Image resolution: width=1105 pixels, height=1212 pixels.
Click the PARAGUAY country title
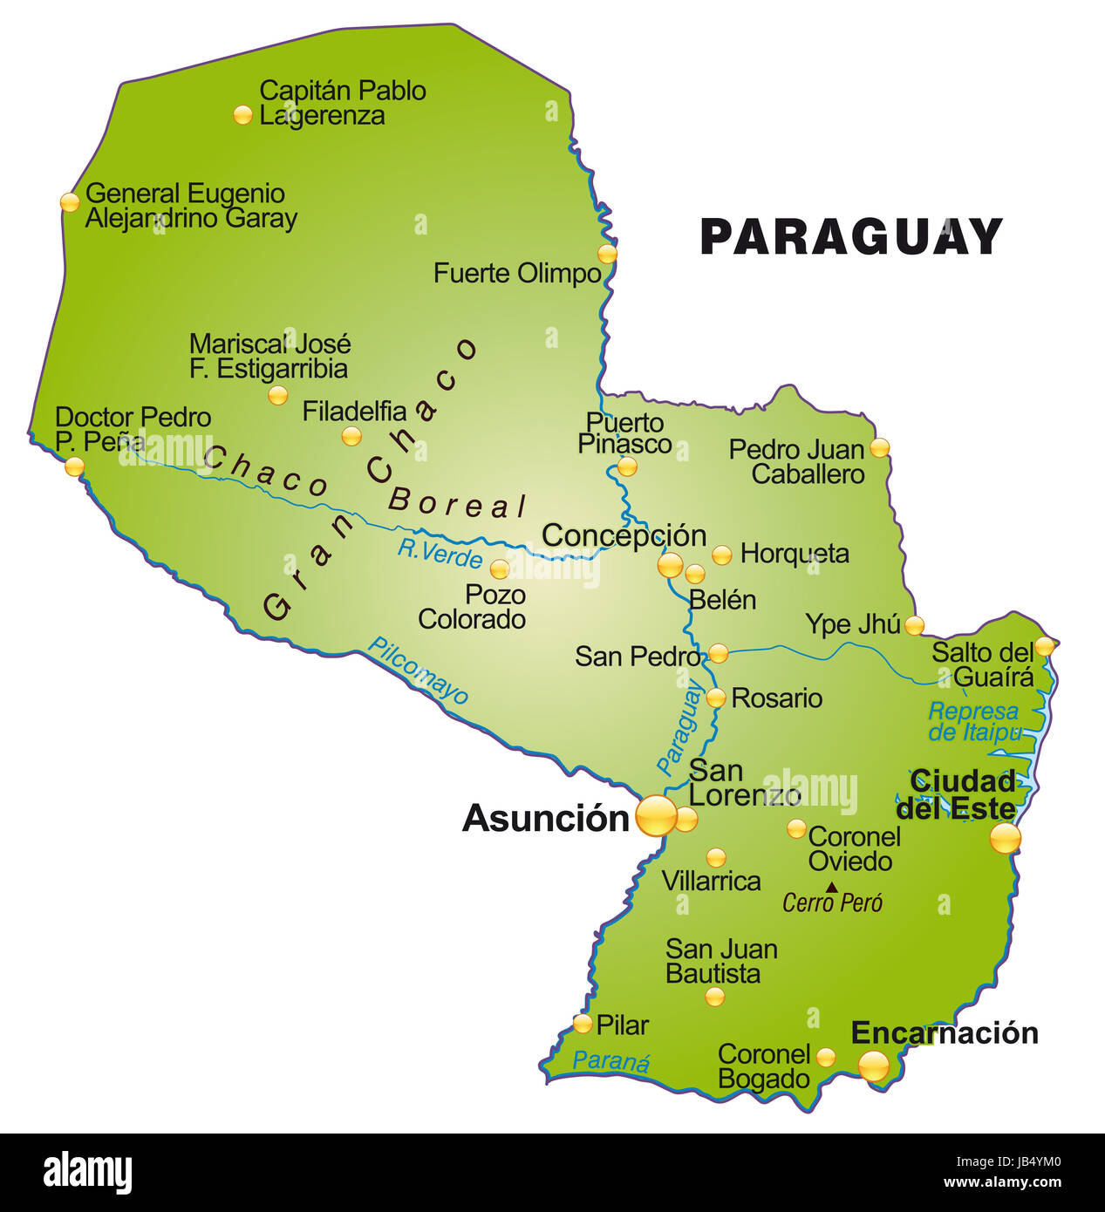pyautogui.click(x=851, y=236)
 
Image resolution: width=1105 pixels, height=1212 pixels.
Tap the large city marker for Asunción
pyautogui.click(x=656, y=816)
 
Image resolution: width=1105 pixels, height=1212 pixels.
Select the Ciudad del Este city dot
pyautogui.click(x=1005, y=839)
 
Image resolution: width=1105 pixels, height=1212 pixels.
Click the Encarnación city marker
pyautogui.click(x=874, y=1065)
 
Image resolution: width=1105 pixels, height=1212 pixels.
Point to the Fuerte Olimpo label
pyautogui.click(x=517, y=273)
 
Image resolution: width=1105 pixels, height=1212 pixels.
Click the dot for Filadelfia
pyautogui.click(x=351, y=436)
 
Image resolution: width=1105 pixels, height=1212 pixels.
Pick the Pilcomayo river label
pyautogui.click(x=418, y=670)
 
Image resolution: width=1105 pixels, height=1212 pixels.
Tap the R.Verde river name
pyautogui.click(x=440, y=554)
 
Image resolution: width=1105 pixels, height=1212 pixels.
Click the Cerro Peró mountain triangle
pyautogui.click(x=832, y=888)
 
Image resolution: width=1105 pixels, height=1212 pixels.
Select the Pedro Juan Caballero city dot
pyautogui.click(x=880, y=448)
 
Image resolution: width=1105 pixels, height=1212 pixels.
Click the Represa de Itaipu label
pyautogui.click(x=973, y=722)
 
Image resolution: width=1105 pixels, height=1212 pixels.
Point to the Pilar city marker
pyautogui.click(x=583, y=1024)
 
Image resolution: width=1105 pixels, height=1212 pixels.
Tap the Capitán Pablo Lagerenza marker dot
pyautogui.click(x=242, y=114)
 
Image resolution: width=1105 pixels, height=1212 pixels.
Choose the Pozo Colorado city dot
pyautogui.click(x=499, y=569)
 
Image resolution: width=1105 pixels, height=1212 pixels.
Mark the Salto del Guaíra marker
pyautogui.click(x=1044, y=647)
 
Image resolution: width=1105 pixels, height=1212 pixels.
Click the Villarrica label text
pyautogui.click(x=711, y=881)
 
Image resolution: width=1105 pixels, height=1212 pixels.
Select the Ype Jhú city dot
pyautogui.click(x=914, y=625)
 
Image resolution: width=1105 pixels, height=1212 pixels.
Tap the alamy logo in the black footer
pyautogui.click(x=87, y=1173)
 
